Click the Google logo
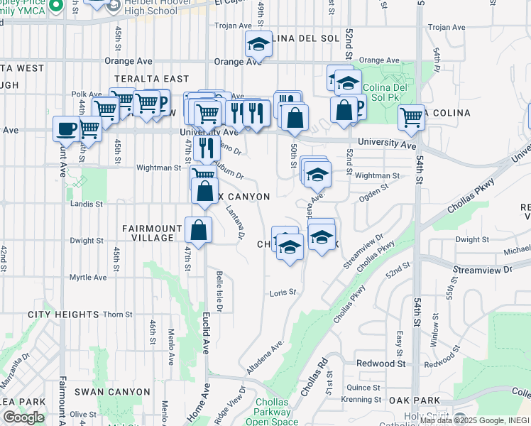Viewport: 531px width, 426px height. coord(23,417)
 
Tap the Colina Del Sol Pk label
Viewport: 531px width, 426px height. coord(384,93)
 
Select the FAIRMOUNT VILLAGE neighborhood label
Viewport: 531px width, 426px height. coord(153,234)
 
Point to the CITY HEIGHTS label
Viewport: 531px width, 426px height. coord(63,314)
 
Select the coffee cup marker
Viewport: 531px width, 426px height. coord(67,129)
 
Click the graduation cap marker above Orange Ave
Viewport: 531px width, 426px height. coord(259,45)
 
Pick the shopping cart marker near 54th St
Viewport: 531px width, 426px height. coord(411,118)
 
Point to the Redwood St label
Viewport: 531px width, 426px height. coord(381,363)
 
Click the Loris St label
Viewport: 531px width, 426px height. coord(283,292)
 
